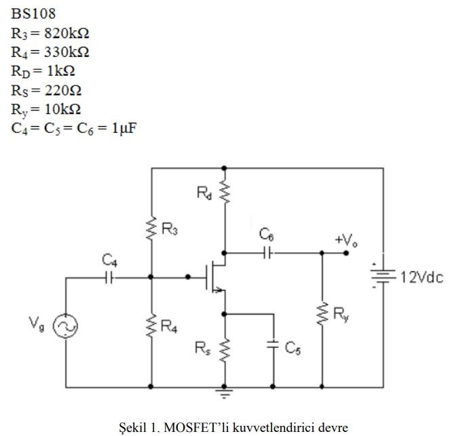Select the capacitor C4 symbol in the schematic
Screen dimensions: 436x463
[109, 277]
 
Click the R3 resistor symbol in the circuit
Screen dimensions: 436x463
[151, 229]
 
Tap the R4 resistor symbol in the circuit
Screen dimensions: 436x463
[151, 327]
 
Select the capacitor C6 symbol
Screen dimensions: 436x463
[267, 253]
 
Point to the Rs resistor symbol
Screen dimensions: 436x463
[224, 350]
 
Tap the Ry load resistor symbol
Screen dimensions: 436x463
[321, 315]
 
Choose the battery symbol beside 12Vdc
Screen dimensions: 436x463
[383, 277]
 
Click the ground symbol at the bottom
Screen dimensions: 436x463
[224, 393]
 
